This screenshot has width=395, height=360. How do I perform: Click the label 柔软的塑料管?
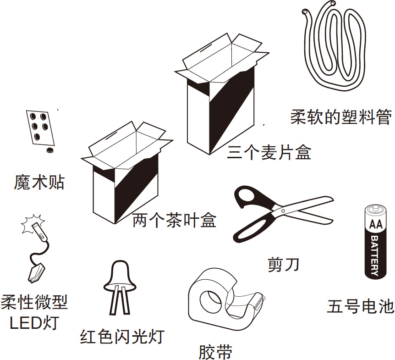[341, 117]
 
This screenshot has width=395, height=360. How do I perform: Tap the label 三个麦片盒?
[269, 152]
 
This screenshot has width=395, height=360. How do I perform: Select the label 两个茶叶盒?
[174, 221]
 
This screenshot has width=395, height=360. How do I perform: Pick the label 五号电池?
[361, 306]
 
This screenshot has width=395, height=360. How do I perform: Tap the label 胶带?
[215, 352]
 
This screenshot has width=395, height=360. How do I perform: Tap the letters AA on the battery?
[377, 225]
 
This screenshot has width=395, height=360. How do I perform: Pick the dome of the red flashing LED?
[121, 273]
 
